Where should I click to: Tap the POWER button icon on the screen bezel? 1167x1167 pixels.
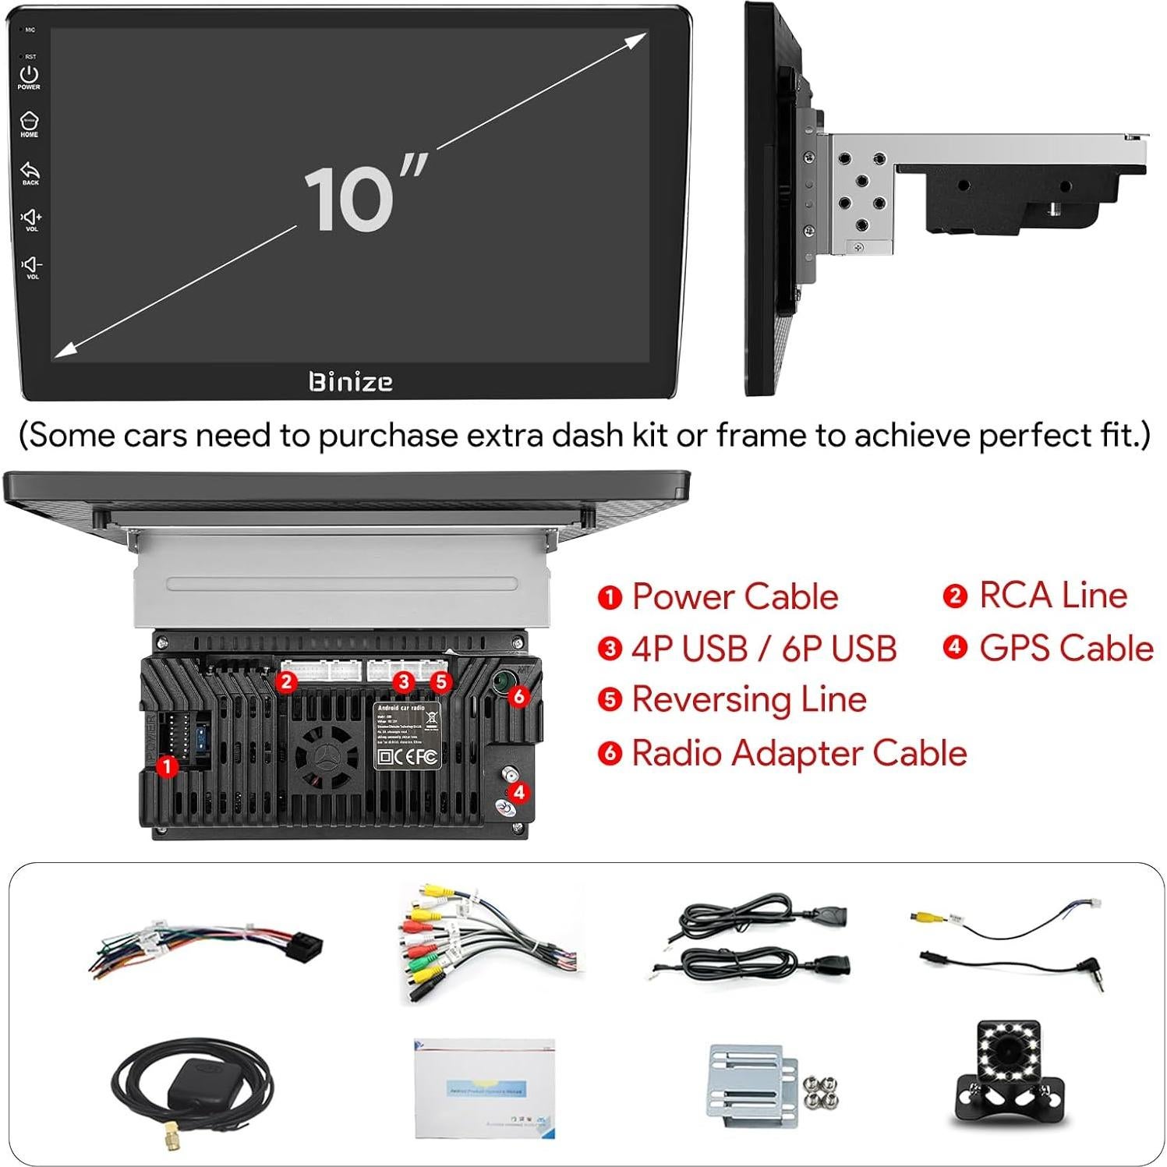[x=29, y=75]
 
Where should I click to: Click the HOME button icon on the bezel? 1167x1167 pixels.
[x=29, y=122]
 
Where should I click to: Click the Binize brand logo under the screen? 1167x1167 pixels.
[x=350, y=382]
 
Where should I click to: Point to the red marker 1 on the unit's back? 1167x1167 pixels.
[x=166, y=766]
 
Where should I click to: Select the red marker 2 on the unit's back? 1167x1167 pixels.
[x=287, y=682]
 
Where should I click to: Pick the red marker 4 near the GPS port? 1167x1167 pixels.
[x=519, y=793]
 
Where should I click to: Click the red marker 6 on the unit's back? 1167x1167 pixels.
[x=519, y=696]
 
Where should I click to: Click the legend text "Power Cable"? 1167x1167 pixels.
[x=734, y=597]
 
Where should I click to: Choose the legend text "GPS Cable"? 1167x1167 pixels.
[x=1066, y=648]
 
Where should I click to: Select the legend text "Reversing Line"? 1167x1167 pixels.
[x=748, y=699]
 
